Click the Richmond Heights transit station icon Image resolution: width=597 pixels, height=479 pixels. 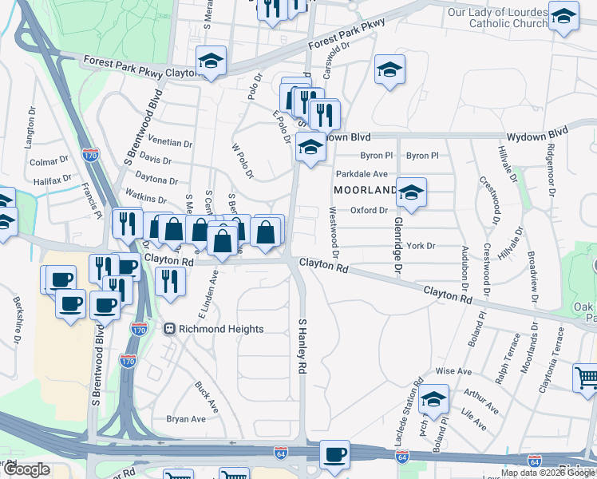coord(169,328)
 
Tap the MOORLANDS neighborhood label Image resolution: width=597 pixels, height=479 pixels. coord(365,190)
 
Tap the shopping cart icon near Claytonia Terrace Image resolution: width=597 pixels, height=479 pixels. coord(587,378)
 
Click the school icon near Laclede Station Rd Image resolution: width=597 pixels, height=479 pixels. coord(434,399)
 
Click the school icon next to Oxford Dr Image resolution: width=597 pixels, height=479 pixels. coord(412,192)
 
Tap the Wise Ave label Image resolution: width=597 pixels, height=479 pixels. coord(453,371)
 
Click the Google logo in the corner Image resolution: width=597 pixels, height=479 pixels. coord(26,469)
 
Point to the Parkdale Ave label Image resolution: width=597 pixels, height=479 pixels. coord(361,173)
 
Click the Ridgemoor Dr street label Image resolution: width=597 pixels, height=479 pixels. coord(551,167)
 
